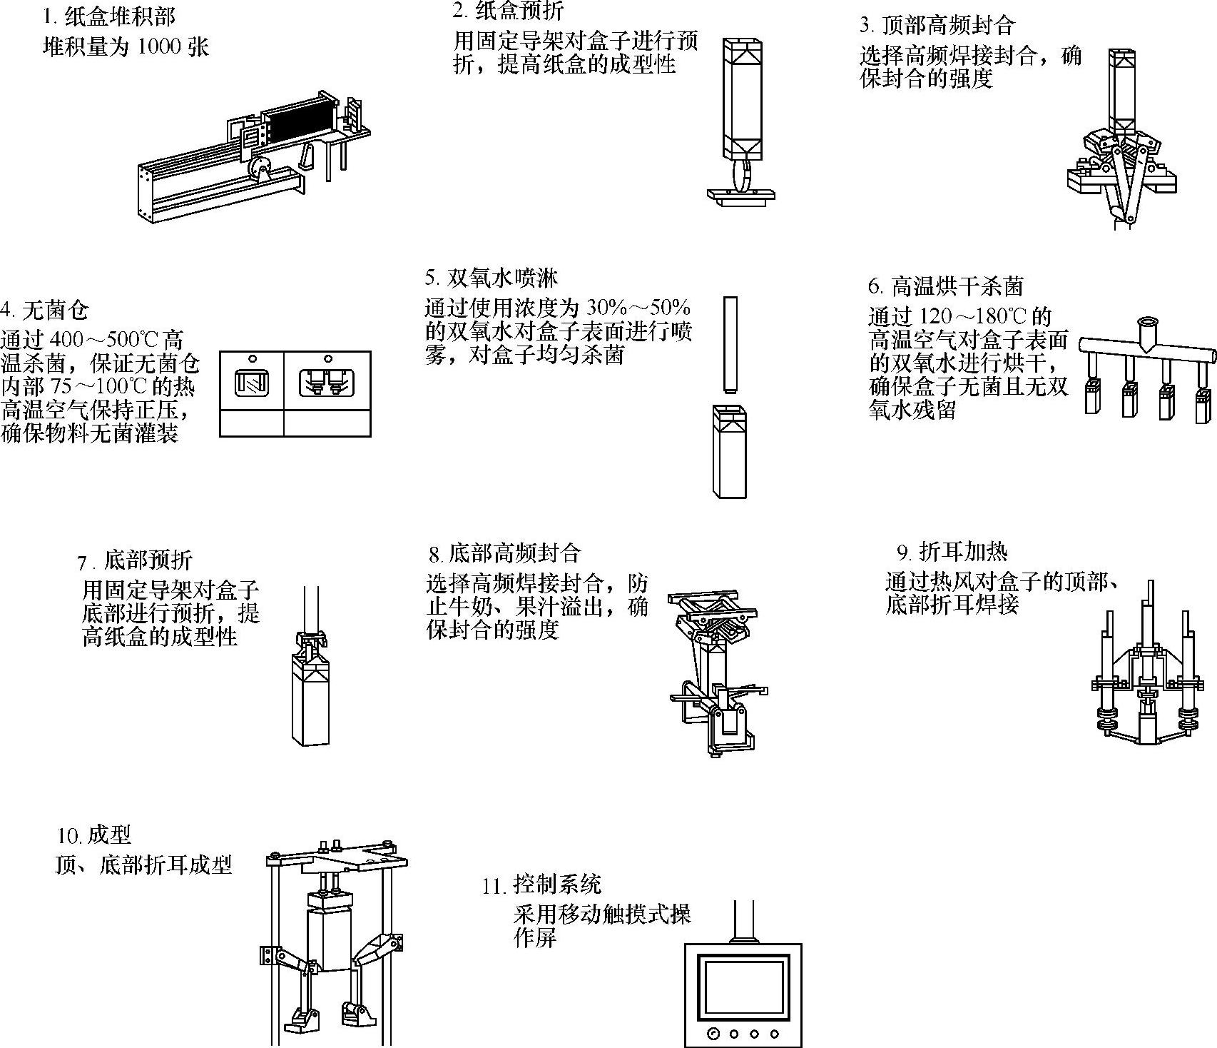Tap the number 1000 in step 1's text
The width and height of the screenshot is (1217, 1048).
161,48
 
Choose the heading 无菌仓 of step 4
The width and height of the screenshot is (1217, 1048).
56,311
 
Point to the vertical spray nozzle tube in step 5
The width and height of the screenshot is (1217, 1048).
730,344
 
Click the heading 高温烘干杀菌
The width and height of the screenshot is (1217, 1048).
957,286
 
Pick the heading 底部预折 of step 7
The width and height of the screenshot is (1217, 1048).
148,560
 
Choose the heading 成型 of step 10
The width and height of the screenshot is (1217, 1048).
110,835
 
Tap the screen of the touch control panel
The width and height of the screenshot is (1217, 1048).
743,985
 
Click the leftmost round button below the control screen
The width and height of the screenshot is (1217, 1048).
712,1034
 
